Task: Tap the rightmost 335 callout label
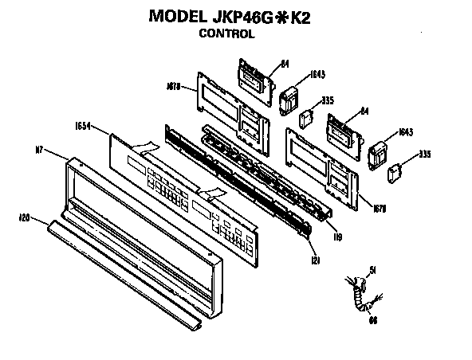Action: click(x=425, y=154)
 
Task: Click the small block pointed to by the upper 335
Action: click(x=305, y=118)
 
